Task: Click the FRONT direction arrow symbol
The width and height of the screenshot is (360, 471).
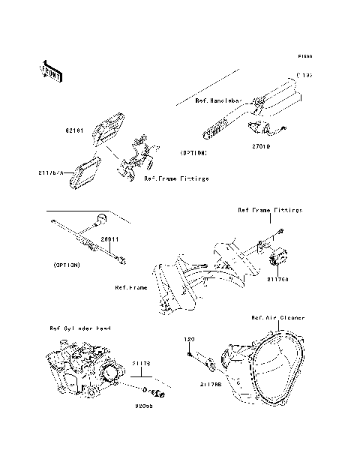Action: click(50, 70)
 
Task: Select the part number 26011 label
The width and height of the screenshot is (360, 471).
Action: click(110, 238)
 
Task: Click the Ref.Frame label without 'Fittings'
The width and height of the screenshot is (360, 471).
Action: click(131, 286)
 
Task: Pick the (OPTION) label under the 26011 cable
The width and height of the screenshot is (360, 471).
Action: click(68, 265)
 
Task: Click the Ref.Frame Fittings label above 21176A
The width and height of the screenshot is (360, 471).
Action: click(269, 211)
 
